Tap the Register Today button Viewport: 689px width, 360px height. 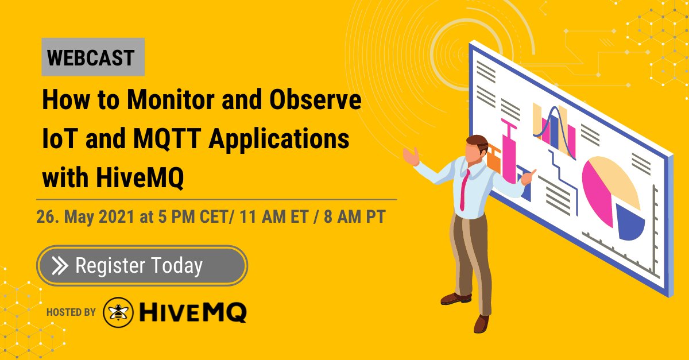click(x=142, y=265)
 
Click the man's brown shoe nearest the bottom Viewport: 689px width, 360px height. click(x=481, y=324)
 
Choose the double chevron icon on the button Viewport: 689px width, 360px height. click(x=60, y=266)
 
